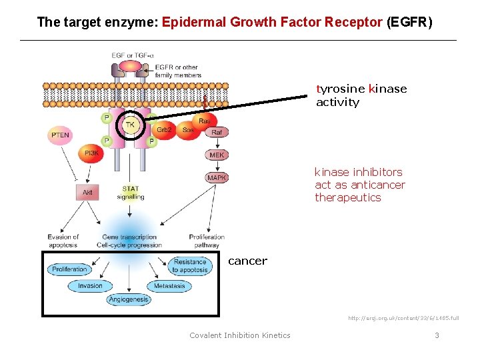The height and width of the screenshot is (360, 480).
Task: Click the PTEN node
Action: pyautogui.click(x=60, y=135)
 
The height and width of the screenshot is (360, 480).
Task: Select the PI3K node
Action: pyautogui.click(x=91, y=154)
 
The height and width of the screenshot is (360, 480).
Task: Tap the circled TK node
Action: pyautogui.click(x=131, y=125)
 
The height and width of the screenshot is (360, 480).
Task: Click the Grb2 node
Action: pyautogui.click(x=165, y=129)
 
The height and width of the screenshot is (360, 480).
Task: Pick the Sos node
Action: pyautogui.click(x=188, y=130)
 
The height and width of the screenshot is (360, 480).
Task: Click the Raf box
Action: pyautogui.click(x=217, y=133)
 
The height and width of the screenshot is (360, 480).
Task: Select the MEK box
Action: pyautogui.click(x=217, y=155)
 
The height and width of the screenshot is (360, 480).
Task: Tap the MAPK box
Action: pyautogui.click(x=217, y=177)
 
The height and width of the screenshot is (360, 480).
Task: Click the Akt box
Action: pyautogui.click(x=87, y=193)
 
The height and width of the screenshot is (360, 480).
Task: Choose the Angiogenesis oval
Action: pyautogui.click(x=129, y=300)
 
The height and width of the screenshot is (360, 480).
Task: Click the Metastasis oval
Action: pyautogui.click(x=169, y=286)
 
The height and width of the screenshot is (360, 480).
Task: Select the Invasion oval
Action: pyautogui.click(x=90, y=286)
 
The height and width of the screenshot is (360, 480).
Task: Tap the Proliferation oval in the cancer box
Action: pyautogui.click(x=69, y=269)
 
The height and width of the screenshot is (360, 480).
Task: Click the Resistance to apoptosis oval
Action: pyautogui.click(x=190, y=266)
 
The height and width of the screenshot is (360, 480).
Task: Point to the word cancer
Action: pyautogui.click(x=247, y=261)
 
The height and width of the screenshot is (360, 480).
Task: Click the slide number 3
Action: pyautogui.click(x=437, y=335)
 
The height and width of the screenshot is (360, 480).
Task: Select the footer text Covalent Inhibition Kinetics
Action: pyautogui.click(x=240, y=335)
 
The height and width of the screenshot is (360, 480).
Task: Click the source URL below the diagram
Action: pyautogui.click(x=403, y=318)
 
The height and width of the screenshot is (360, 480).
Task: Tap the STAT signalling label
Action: pyautogui.click(x=131, y=193)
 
